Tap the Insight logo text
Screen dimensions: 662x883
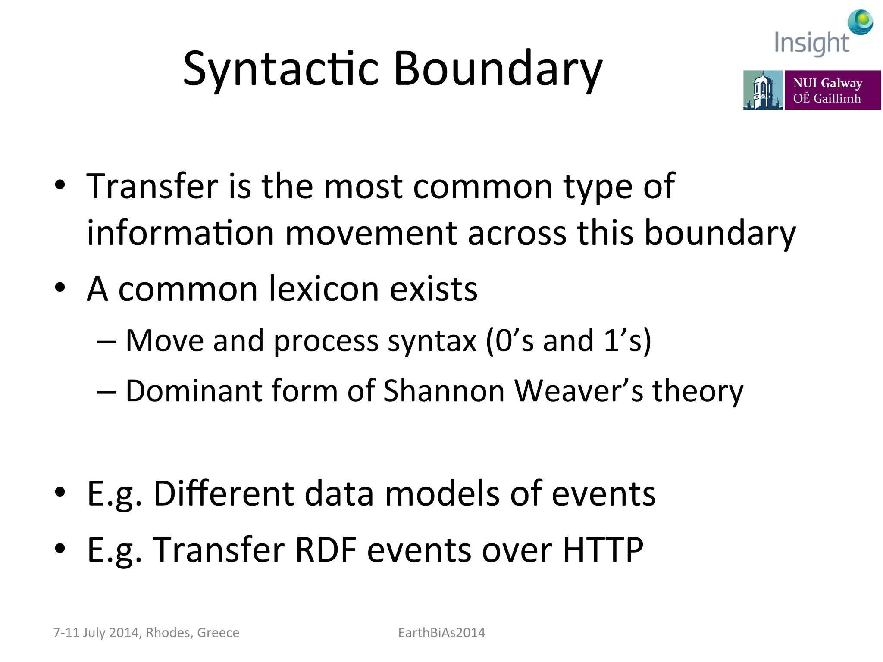[x=811, y=43]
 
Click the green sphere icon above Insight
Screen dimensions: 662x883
[x=860, y=22]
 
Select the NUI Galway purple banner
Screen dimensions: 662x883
[x=832, y=90]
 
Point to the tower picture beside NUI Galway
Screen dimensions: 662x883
[x=762, y=90]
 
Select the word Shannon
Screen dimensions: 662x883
[x=444, y=391]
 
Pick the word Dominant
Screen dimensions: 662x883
[x=194, y=391]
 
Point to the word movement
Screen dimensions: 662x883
[x=371, y=233]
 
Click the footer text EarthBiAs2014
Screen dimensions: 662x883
[x=441, y=633]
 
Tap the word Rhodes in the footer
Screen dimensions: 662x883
[x=169, y=633]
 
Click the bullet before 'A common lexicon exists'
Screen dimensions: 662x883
[x=60, y=287]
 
